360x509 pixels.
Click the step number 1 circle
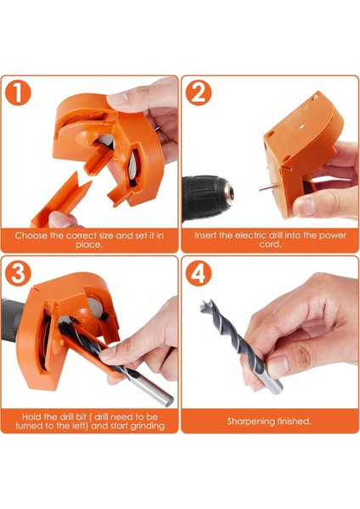pyautogui.click(x=18, y=92)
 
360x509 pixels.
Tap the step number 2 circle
pyautogui.click(x=198, y=92)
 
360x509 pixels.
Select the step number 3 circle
pyautogui.click(x=18, y=273)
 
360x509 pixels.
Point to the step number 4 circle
pyautogui.click(x=198, y=273)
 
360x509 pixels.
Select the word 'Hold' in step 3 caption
pyautogui.click(x=31, y=417)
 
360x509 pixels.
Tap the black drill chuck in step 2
pyautogui.click(x=208, y=197)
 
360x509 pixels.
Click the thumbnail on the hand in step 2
pyautogui.click(x=303, y=207)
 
